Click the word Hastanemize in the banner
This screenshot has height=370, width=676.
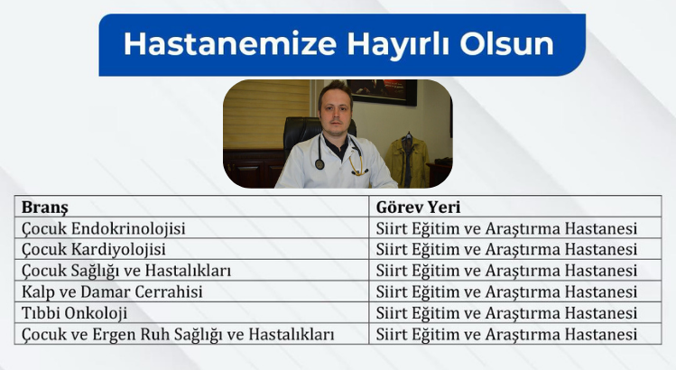(x=230, y=44)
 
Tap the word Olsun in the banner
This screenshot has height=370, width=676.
(x=506, y=44)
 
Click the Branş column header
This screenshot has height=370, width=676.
(x=45, y=208)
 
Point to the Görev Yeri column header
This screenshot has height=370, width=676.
(x=418, y=207)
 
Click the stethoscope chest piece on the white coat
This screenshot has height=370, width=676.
(x=319, y=164)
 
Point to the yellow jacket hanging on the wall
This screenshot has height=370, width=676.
(x=407, y=160)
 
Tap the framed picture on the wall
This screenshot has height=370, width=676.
(x=382, y=91)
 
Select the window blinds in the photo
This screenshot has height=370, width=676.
(x=267, y=114)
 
